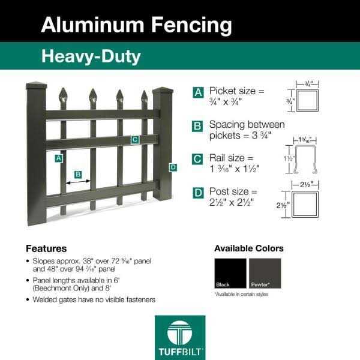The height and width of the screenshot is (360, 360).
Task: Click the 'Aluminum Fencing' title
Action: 136,25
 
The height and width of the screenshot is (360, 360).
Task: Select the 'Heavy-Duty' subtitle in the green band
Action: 91,56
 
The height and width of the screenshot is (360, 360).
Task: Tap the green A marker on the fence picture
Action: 59,158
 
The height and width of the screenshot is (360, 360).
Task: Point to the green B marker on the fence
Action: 78,175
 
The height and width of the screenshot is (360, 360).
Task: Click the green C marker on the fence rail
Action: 135,140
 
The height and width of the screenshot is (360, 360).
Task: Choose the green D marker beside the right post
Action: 173,167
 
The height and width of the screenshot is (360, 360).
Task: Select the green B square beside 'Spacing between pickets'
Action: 197,126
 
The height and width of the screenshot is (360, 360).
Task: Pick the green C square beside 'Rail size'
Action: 197,159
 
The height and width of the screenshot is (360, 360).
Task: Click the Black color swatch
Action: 230,273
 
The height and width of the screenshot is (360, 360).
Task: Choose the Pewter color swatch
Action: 265,273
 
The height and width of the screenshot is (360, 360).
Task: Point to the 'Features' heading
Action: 46,248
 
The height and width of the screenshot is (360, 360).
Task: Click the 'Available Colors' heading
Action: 249,248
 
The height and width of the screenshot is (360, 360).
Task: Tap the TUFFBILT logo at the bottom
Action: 180,337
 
